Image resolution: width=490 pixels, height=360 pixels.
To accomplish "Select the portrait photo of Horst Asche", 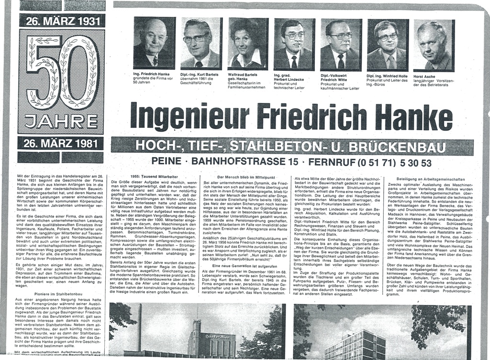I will [434, 45].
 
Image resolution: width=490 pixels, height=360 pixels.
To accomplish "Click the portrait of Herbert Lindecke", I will [294, 44].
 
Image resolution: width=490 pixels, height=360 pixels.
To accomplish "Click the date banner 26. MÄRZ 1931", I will [60, 21].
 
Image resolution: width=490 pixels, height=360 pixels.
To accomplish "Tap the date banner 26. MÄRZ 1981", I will [60, 143].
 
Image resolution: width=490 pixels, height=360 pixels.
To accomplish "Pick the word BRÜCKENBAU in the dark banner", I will [413, 147].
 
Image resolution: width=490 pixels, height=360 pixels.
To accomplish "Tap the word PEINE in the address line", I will [167, 162].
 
